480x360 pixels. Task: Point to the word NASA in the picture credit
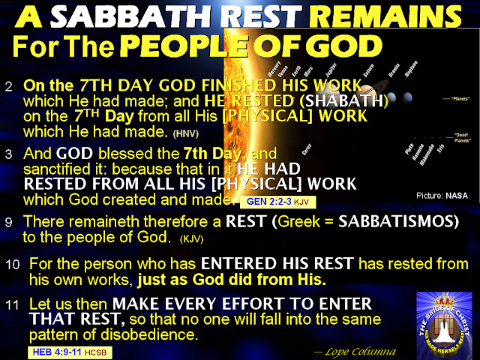(457, 194)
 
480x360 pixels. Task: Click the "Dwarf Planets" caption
(463, 136)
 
